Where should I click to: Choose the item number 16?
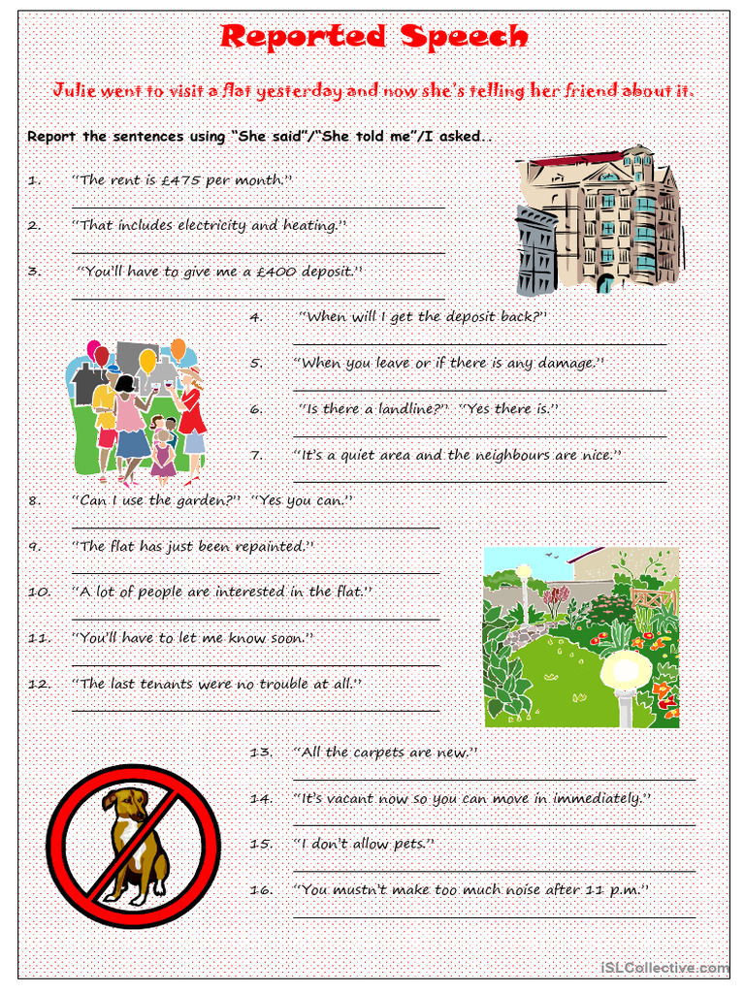point(260,889)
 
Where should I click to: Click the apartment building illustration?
point(599,221)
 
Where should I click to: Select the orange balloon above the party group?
point(178,348)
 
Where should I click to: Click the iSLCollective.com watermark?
point(664,968)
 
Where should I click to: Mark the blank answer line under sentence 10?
point(256,619)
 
